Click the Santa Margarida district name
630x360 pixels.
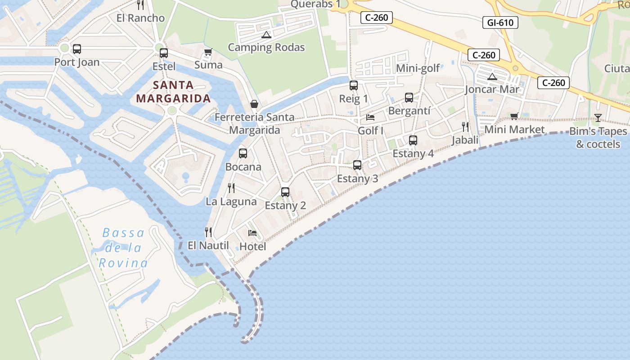[x=173, y=91]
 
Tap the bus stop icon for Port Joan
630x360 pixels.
[x=77, y=49]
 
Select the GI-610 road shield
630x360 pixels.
[x=500, y=22]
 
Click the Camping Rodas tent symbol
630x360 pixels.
[x=266, y=35]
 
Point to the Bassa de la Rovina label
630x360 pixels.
[x=123, y=248]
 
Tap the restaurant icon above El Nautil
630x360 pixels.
[x=208, y=232]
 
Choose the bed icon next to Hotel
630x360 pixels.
[x=252, y=233]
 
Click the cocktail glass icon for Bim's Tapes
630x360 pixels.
[x=598, y=118]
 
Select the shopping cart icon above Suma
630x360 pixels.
[x=208, y=52]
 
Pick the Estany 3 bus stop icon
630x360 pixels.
[x=357, y=165]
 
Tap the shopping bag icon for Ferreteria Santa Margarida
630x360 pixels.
[x=254, y=104]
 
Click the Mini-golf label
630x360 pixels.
[x=418, y=68]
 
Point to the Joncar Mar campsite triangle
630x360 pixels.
[x=492, y=76]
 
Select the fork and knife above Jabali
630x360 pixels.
[x=465, y=127]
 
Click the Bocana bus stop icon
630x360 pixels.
[x=243, y=153]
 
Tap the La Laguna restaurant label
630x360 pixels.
[x=231, y=202]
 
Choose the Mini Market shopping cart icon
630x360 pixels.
[x=514, y=117]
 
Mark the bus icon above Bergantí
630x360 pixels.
[x=409, y=98]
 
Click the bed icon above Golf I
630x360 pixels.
[x=370, y=117]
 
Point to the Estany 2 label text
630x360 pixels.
[x=285, y=206]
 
